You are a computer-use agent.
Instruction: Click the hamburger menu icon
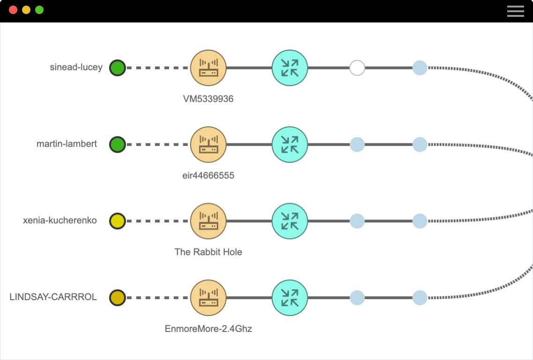[515, 11]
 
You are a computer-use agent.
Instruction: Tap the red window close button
[13, 10]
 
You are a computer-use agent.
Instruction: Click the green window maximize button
[39, 10]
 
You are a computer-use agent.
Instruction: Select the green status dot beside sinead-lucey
[117, 68]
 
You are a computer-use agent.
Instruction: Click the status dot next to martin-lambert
[117, 144]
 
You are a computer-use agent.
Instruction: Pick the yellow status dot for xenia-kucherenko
[117, 221]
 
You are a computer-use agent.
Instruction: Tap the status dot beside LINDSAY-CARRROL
[117, 297]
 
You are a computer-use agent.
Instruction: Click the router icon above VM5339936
[208, 68]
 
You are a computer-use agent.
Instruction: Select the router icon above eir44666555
[208, 144]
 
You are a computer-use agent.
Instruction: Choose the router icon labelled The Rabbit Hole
[208, 221]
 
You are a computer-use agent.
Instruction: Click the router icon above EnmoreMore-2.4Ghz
[208, 297]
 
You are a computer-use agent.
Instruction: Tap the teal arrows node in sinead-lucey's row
[290, 68]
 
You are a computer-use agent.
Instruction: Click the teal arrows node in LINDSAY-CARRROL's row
[290, 297]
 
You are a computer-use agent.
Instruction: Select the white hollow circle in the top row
[357, 68]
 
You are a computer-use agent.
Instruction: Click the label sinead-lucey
[76, 67]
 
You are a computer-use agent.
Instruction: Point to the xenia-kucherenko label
[60, 220]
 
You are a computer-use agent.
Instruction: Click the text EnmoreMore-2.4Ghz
[208, 329]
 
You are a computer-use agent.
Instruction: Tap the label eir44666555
[208, 176]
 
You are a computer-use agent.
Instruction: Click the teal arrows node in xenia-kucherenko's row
[290, 221]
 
